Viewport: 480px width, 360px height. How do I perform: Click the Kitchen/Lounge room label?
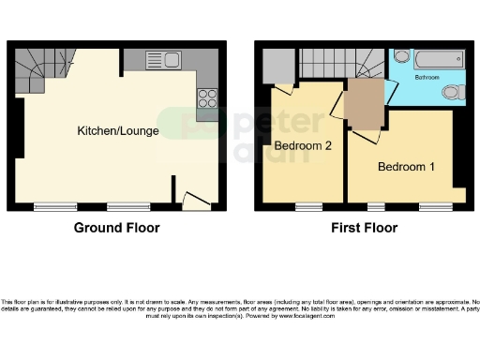point(117,130)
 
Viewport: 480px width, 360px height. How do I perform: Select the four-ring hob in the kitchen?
point(206,97)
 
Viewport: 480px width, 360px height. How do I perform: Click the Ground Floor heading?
point(117,228)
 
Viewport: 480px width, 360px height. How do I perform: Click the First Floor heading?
point(364,228)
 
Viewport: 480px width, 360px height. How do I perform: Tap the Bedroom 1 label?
point(405,167)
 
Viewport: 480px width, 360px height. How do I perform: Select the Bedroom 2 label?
point(300,146)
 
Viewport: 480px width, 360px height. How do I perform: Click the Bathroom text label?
point(427,78)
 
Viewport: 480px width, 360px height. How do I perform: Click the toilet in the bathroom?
point(453,92)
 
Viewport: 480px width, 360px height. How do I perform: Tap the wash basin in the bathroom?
point(401,56)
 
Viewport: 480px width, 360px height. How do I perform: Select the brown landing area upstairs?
point(365,103)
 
